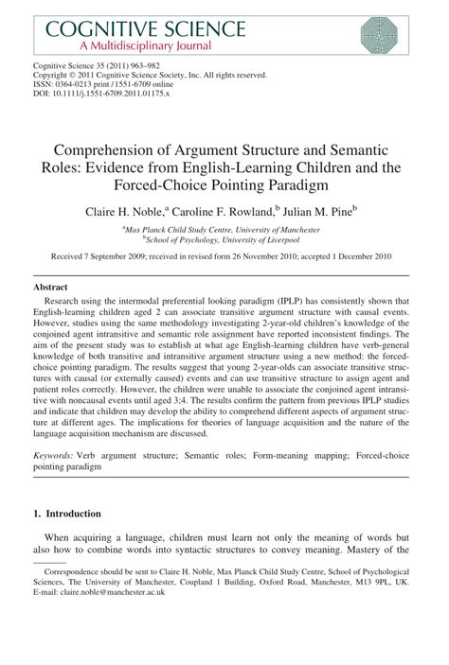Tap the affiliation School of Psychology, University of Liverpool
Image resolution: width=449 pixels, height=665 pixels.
224,240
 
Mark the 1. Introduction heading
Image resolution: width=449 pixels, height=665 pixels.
67,514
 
